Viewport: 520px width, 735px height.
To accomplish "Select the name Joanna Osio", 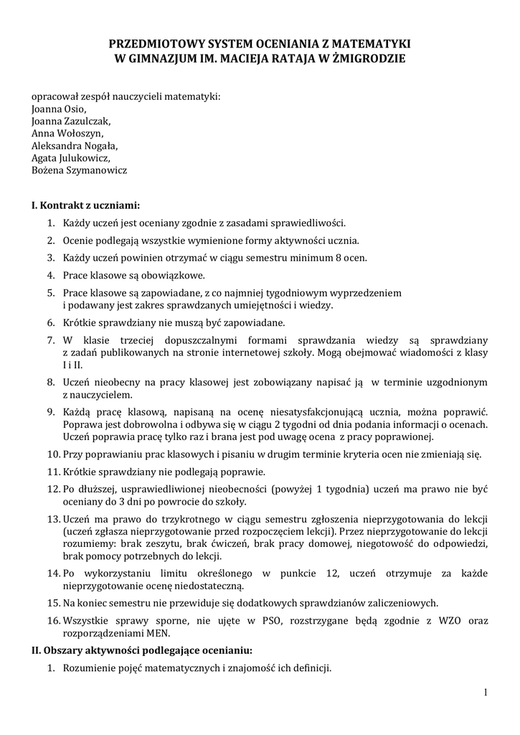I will [x=59, y=109].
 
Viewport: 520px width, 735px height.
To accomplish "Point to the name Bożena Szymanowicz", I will [x=80, y=170].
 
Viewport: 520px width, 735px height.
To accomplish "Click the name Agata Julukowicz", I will [x=70, y=158].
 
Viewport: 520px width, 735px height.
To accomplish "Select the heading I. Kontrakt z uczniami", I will [x=85, y=205].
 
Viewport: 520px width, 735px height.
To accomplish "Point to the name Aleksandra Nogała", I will [x=74, y=146].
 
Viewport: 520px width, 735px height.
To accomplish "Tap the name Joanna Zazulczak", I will [x=70, y=121].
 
